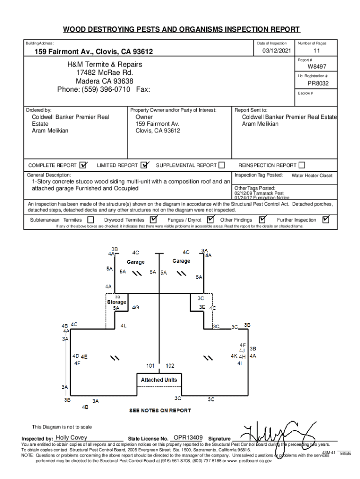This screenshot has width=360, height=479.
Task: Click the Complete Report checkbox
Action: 84,165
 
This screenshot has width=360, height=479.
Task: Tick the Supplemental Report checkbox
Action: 222,165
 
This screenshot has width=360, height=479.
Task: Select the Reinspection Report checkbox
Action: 302,165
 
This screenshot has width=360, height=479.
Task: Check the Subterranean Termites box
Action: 91,220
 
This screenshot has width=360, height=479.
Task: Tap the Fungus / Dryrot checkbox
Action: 210,220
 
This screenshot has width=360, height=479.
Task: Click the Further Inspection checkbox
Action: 326,219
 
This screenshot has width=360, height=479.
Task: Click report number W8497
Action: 317,67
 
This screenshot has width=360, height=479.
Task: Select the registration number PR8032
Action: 317,83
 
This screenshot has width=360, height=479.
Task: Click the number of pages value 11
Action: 317,51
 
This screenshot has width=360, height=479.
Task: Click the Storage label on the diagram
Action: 116,302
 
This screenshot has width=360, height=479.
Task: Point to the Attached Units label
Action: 159,380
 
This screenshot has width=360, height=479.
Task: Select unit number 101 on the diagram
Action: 151,366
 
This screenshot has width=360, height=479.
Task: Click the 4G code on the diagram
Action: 136,307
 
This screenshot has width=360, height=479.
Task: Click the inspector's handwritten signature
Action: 274,433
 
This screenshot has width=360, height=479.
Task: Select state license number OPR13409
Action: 188,437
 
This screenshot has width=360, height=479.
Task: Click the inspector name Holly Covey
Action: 71,438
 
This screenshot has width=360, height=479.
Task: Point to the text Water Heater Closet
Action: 312,176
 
